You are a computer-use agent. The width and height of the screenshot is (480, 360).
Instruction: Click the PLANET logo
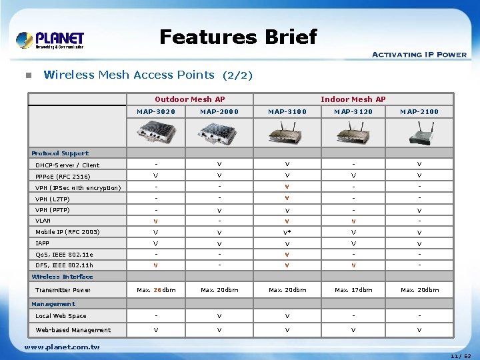50,40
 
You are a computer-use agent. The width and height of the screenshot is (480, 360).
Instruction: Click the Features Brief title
238,37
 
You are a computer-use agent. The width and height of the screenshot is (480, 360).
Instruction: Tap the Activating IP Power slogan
419,55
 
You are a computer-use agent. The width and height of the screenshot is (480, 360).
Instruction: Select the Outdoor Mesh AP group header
189,99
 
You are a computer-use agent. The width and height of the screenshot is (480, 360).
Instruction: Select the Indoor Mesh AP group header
353,99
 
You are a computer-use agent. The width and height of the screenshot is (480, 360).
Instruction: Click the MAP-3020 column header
156,111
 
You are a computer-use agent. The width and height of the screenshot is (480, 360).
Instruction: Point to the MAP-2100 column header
419,111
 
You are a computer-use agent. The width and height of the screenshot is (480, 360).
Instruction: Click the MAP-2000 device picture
219,135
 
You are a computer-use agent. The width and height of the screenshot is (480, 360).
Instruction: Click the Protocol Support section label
60,153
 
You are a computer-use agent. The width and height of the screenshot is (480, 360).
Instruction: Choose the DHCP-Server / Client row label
67,165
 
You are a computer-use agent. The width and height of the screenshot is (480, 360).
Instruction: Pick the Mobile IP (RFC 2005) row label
67,232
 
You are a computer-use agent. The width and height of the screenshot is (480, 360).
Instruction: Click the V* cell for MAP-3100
287,233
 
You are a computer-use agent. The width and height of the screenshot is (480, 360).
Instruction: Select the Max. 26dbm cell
156,290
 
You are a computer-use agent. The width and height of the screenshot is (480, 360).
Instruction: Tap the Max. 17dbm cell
353,290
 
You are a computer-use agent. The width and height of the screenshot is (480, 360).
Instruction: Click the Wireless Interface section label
63,277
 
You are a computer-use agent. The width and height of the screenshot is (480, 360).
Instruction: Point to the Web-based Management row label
73,330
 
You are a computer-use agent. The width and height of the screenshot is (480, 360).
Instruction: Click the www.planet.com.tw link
61,347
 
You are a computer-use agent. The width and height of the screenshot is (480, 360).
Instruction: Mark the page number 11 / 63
461,356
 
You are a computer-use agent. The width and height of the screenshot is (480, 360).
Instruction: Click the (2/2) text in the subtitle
237,75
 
